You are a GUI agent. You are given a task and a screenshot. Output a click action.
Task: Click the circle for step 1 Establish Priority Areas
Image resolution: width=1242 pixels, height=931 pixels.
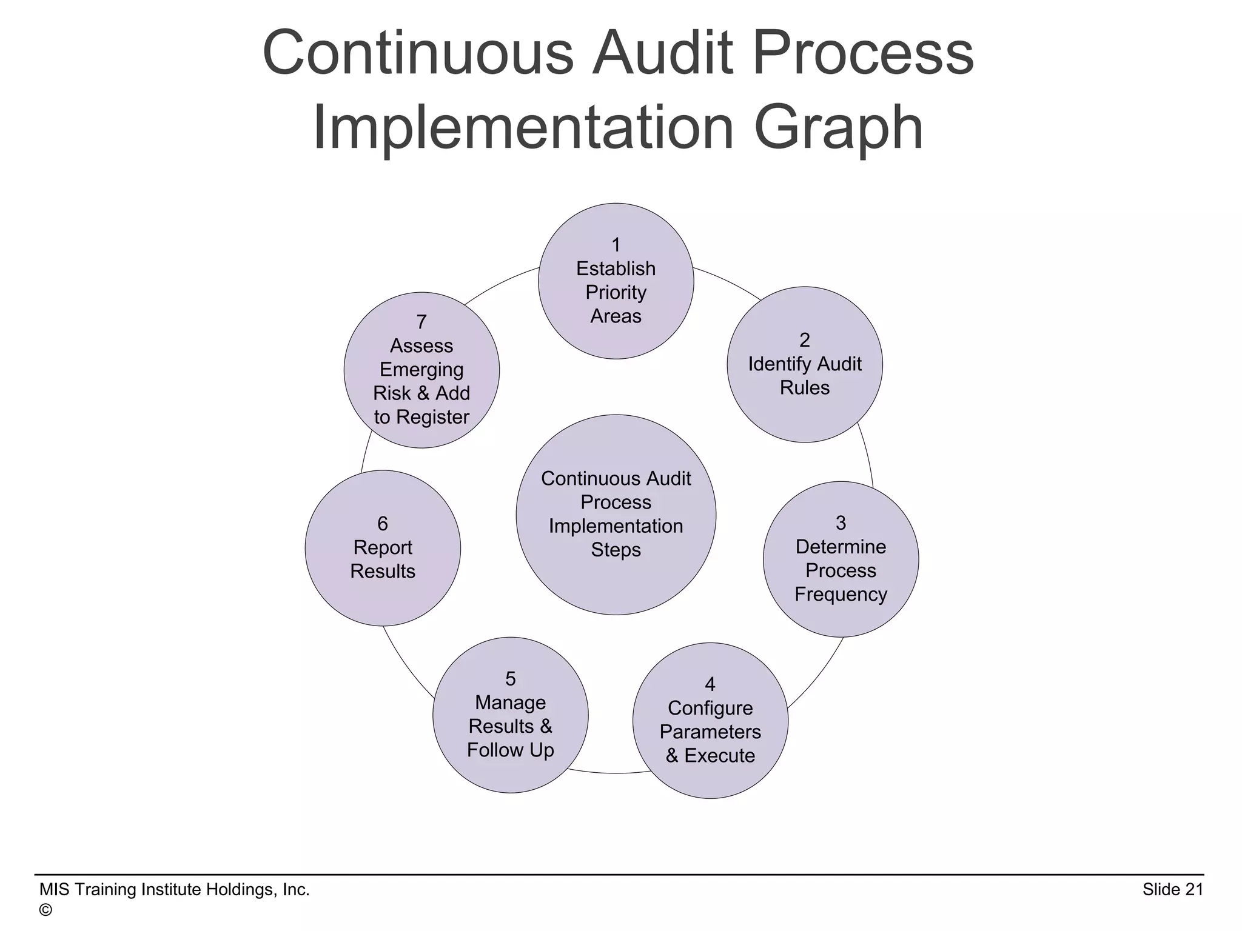pos(616,281)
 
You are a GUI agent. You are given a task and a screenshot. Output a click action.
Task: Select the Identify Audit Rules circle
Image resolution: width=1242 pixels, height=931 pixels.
pos(804,364)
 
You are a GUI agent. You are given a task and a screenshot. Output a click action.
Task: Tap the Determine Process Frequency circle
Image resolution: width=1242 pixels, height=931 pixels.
pos(841,559)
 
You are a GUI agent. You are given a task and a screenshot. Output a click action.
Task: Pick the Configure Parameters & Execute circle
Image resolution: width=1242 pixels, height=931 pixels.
pos(710,720)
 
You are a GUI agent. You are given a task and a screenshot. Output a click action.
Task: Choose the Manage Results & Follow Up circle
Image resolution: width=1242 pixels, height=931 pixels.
pos(510,715)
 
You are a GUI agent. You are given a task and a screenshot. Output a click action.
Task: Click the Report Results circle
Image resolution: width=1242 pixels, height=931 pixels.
pos(383,548)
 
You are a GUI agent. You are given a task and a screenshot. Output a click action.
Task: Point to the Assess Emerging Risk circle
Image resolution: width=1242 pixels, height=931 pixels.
pos(421,370)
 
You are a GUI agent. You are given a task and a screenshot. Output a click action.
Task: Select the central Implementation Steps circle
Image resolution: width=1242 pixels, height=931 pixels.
pos(616,515)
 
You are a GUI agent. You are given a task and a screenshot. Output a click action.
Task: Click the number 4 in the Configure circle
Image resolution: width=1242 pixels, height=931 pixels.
pos(710,684)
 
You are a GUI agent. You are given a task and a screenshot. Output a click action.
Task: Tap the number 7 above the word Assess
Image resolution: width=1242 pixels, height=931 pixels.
pos(421,322)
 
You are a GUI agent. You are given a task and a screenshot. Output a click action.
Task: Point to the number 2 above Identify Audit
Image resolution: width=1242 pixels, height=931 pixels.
pos(805,340)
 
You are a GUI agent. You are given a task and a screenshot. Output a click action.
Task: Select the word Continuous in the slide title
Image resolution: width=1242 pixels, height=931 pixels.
pos(418,53)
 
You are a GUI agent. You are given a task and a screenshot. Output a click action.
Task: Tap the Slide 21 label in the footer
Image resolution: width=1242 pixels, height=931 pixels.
pos(1172,889)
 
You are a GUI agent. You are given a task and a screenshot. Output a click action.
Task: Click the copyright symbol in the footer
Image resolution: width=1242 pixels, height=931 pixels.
pos(45,910)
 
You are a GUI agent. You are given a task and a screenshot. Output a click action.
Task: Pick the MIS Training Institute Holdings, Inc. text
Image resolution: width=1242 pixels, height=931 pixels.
pos(175,889)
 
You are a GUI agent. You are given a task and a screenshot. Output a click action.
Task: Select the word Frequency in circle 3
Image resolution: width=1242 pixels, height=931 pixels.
pos(841,594)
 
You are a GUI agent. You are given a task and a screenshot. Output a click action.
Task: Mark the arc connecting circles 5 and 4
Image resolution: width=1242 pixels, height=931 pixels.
pos(609,773)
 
